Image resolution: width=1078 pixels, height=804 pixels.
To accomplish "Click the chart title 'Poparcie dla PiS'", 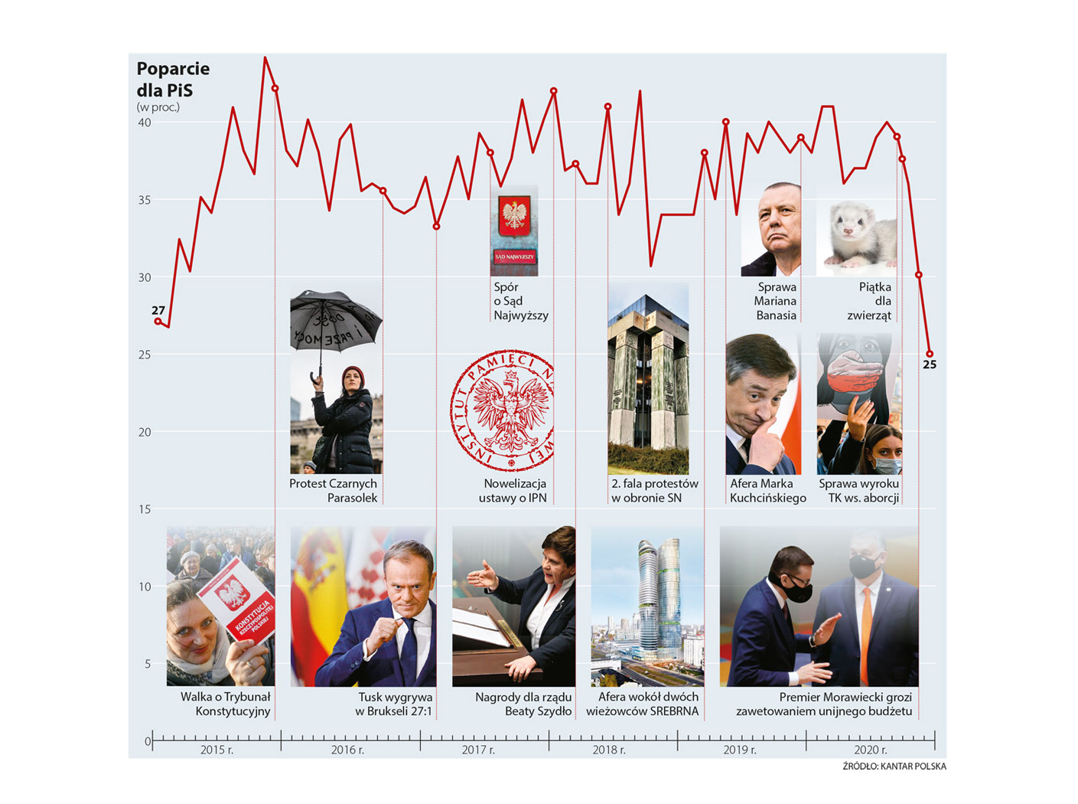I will pyautogui.click(x=173, y=80).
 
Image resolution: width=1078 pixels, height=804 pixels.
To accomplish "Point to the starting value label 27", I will pyautogui.click(x=158, y=310).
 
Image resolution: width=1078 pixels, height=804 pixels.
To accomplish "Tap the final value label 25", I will pyautogui.click(x=930, y=364).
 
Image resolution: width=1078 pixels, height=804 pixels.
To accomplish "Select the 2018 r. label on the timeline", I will pyautogui.click(x=609, y=750).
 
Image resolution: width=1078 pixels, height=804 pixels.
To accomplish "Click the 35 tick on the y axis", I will pyautogui.click(x=144, y=201).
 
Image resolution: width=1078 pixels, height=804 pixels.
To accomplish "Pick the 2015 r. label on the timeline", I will pyautogui.click(x=217, y=750).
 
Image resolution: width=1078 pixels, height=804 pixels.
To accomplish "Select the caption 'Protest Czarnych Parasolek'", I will pyautogui.click(x=334, y=491).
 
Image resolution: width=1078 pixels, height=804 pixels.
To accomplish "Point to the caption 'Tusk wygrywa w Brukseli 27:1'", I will pyautogui.click(x=394, y=704).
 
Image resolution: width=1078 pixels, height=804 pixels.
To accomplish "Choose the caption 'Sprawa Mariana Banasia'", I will pyautogui.click(x=776, y=301).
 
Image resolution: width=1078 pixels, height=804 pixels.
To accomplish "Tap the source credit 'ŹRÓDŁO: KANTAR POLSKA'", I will pyautogui.click(x=894, y=766).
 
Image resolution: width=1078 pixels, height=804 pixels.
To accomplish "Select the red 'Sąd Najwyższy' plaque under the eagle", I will pyautogui.click(x=514, y=257).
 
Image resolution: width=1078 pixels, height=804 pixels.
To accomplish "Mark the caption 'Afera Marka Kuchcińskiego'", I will pyautogui.click(x=767, y=491).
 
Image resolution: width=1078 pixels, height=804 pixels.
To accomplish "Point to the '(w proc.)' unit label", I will pyautogui.click(x=158, y=107).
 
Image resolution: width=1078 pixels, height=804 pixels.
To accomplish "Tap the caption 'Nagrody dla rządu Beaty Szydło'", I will pyautogui.click(x=524, y=704).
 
